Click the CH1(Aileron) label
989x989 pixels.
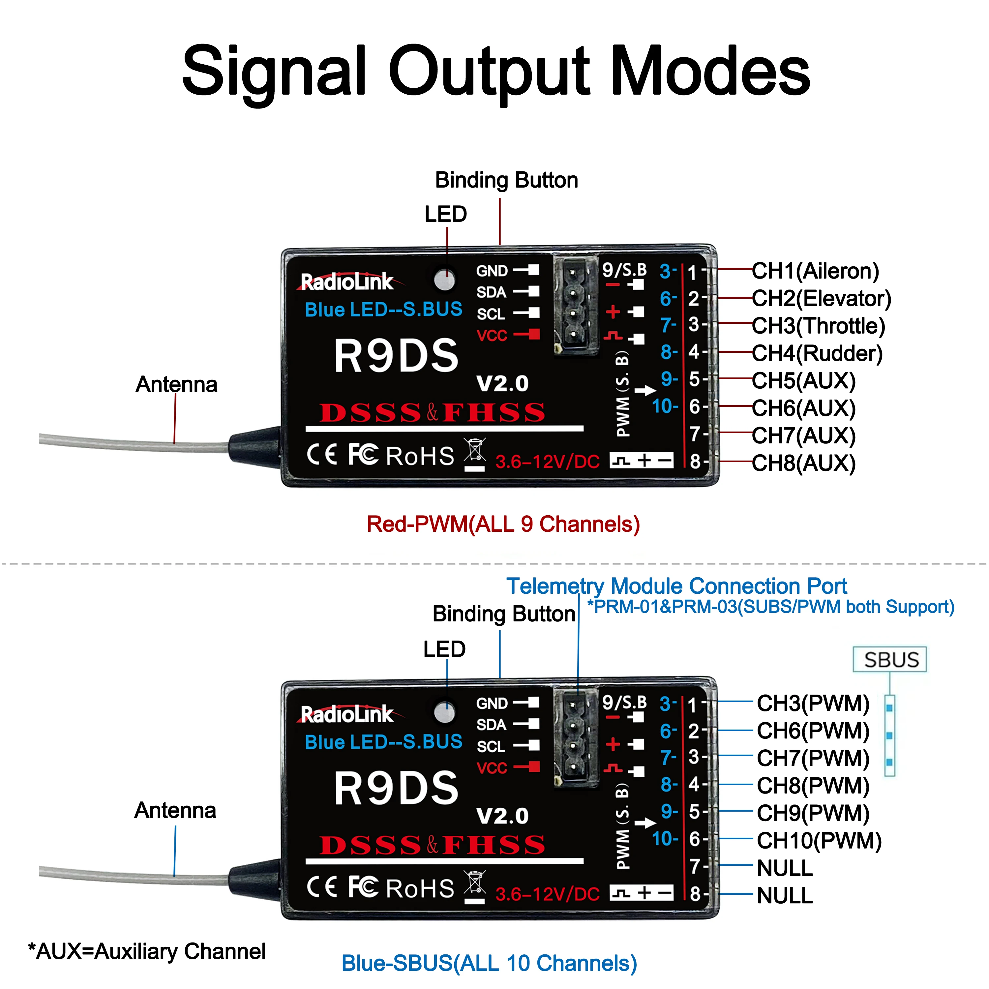click(815, 271)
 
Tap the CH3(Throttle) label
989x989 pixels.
click(818, 326)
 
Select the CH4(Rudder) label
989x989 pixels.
click(817, 353)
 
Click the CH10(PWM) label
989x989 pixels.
click(819, 841)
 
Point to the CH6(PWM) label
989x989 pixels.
click(813, 731)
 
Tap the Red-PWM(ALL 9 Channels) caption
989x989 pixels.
click(503, 524)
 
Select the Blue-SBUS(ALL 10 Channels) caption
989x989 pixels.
click(489, 963)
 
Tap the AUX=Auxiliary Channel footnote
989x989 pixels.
click(147, 951)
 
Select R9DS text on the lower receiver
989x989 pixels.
click(396, 788)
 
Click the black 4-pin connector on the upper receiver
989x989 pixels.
click(575, 305)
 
